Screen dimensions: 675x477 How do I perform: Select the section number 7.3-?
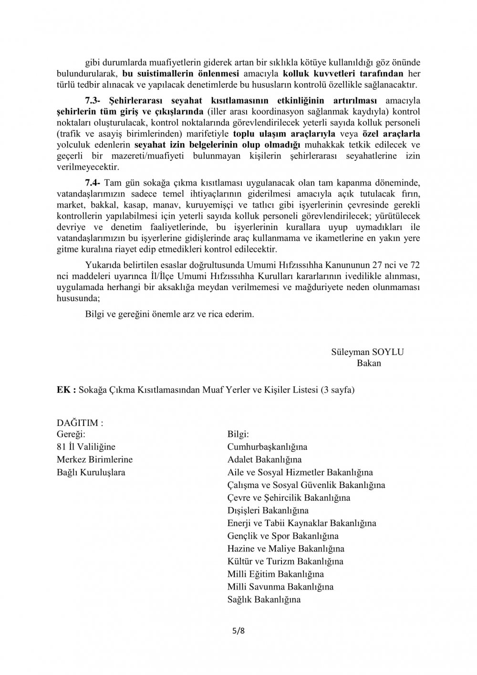(x=94, y=100)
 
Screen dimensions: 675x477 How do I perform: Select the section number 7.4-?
(x=94, y=183)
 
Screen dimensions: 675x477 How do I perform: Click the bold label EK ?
(x=66, y=390)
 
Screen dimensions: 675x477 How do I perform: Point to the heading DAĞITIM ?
(x=80, y=423)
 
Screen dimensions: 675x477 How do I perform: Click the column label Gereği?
(x=71, y=434)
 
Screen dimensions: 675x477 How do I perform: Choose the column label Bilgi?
(x=238, y=434)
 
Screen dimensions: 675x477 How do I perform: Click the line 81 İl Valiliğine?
(x=86, y=447)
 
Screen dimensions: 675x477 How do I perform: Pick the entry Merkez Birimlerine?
(x=94, y=460)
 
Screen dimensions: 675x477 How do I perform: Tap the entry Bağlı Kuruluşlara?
(x=91, y=472)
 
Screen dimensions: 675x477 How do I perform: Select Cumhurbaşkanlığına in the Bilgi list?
(x=267, y=447)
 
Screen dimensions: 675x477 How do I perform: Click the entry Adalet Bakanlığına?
(x=265, y=460)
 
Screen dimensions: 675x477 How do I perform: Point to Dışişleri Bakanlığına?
(x=268, y=510)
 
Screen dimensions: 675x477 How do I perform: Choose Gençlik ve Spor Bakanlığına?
(x=283, y=536)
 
